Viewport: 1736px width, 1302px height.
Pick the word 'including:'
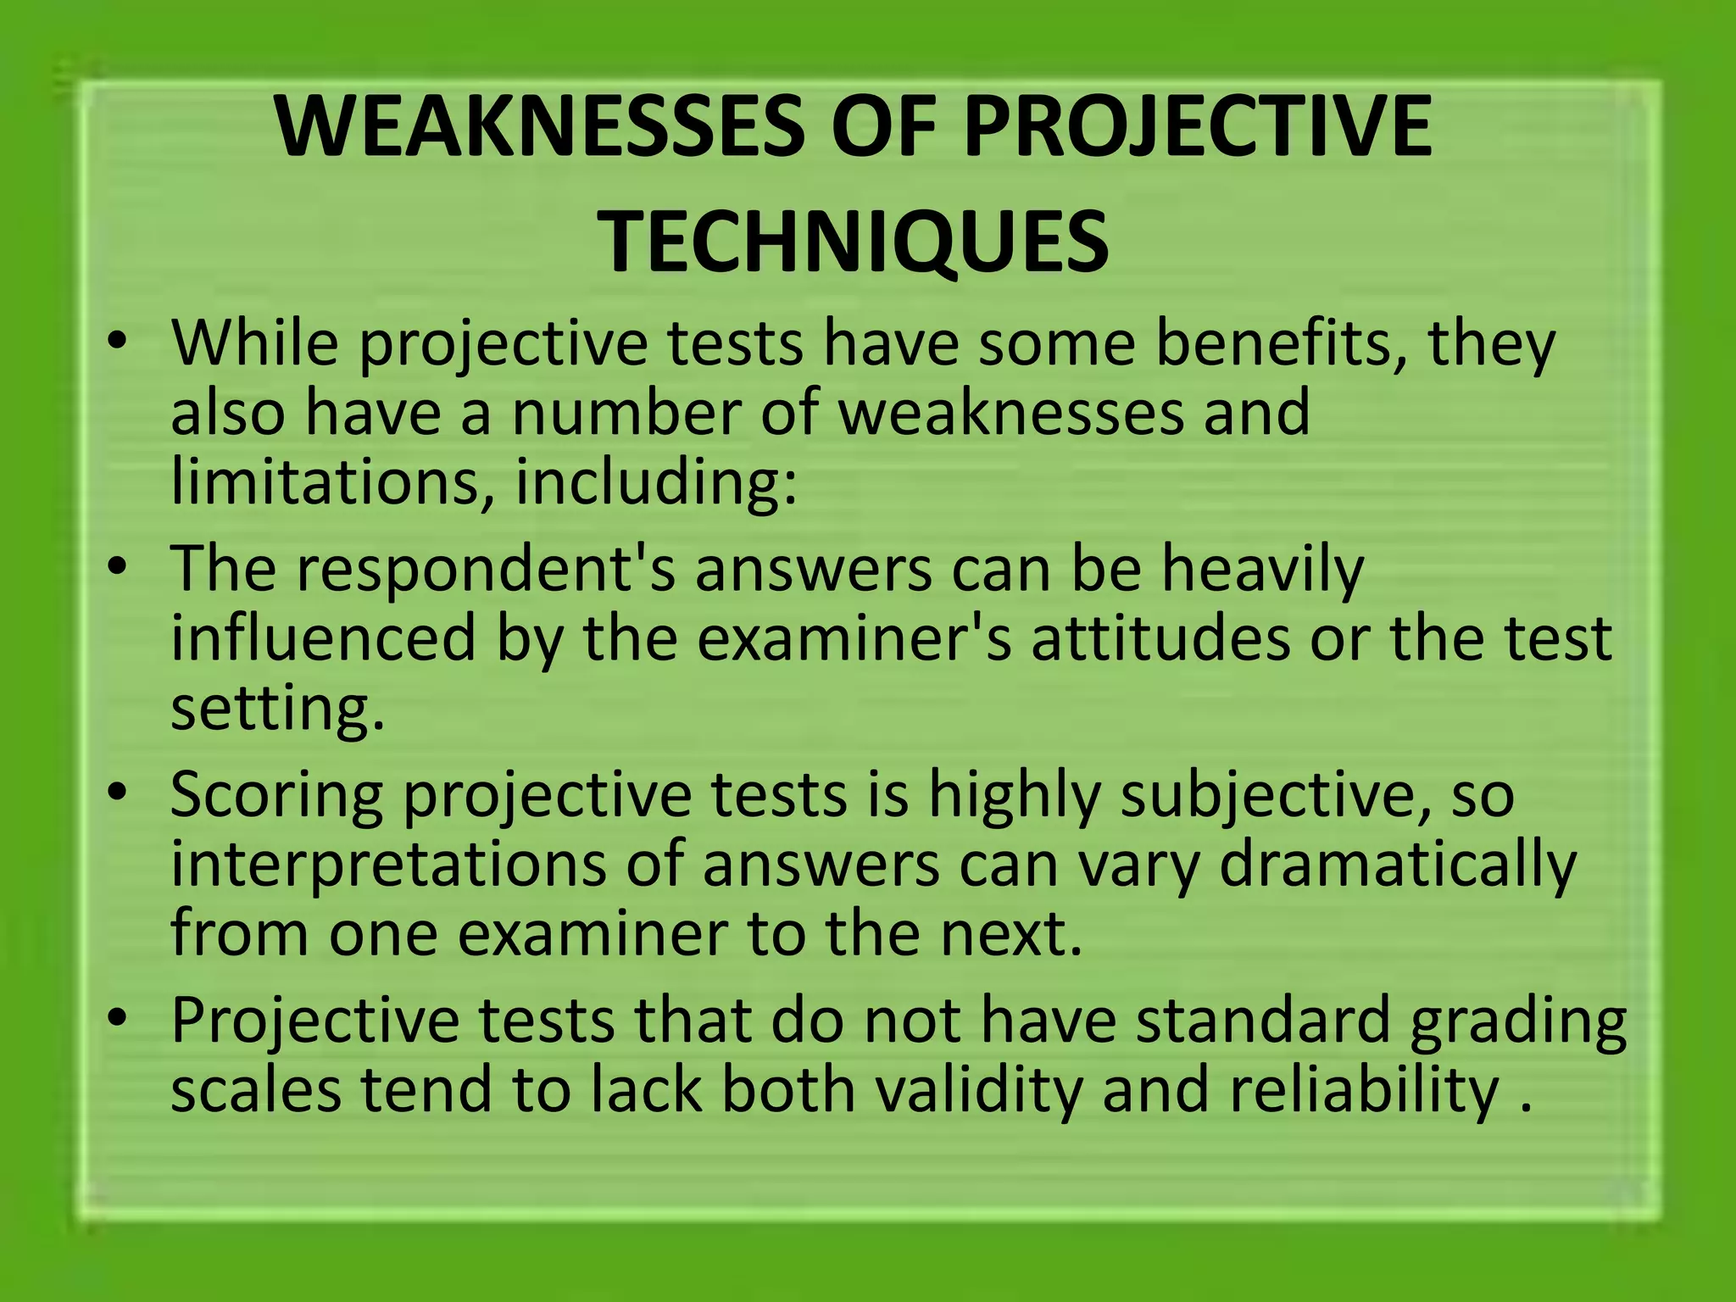(656, 481)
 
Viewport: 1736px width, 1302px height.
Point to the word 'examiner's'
(855, 637)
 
